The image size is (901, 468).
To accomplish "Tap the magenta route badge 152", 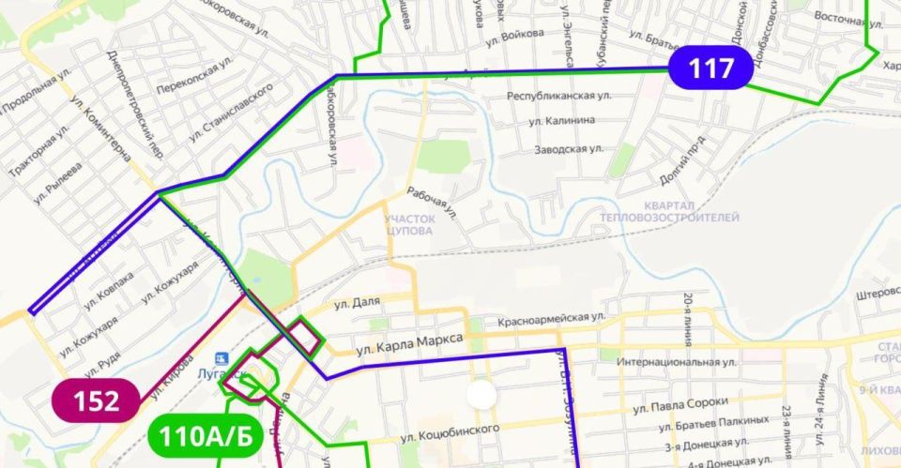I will [97, 400].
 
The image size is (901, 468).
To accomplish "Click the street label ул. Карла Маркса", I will [411, 346].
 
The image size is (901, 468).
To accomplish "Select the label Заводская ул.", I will [568, 149].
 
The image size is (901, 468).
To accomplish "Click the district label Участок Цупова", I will [408, 223].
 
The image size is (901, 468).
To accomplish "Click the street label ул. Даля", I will [356, 304].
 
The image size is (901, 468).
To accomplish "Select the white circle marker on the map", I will [482, 394].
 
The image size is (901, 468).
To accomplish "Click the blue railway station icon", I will [221, 358].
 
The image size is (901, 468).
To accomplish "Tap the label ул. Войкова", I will [514, 35].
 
